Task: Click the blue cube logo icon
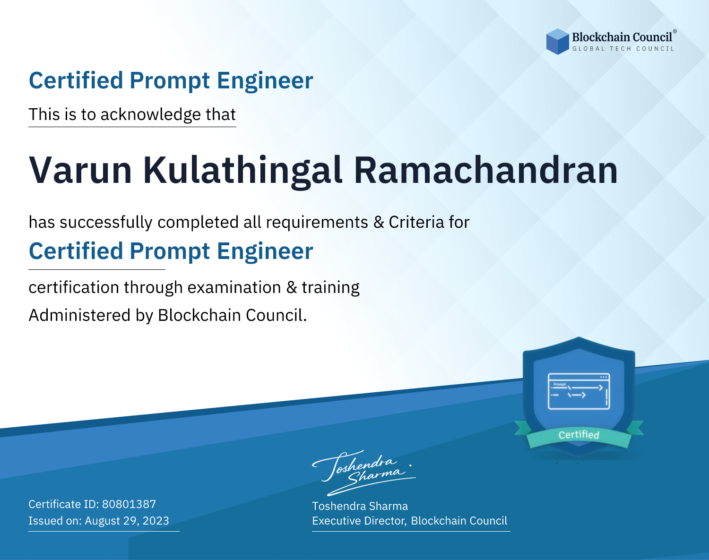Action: [x=557, y=42]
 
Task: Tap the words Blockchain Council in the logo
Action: [x=622, y=37]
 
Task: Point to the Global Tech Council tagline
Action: [x=623, y=49]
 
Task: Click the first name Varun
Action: [x=80, y=170]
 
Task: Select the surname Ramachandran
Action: [x=485, y=170]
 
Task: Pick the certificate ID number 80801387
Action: [x=129, y=504]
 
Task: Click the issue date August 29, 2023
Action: [x=127, y=521]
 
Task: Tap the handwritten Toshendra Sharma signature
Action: [x=363, y=473]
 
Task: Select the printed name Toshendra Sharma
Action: [x=360, y=506]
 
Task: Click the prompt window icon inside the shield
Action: [x=579, y=391]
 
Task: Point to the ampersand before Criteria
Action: [x=379, y=222]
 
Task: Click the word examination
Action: [x=234, y=287]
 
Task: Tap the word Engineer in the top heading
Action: [x=265, y=81]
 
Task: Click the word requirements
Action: [x=317, y=223]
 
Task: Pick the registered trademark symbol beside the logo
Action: [x=674, y=31]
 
